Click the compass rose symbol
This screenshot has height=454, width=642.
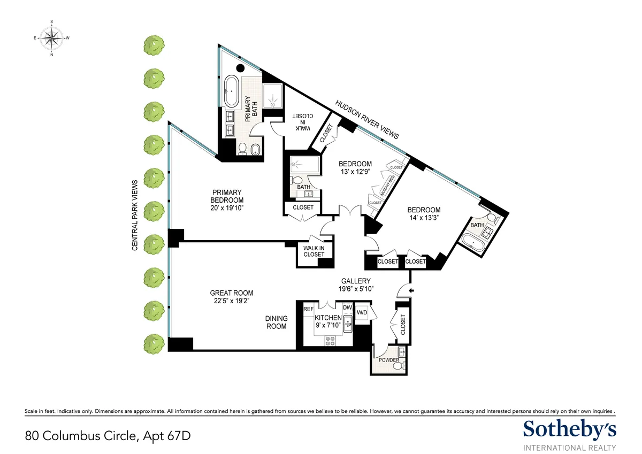click(52, 38)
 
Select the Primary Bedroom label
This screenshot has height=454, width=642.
click(227, 196)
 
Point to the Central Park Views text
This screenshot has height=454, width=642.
click(135, 216)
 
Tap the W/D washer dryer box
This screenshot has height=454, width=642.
click(362, 313)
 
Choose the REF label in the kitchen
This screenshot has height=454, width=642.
click(308, 309)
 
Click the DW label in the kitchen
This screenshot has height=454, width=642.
click(347, 308)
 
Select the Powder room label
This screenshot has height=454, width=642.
click(388, 360)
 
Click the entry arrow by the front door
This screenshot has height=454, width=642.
click(411, 290)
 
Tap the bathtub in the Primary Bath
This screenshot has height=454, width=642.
click(232, 91)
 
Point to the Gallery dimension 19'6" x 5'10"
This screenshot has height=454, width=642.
click(356, 288)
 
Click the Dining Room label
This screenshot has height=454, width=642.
click(276, 322)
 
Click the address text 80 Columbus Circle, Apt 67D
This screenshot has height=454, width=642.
click(108, 436)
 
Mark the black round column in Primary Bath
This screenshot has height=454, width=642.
click(241, 68)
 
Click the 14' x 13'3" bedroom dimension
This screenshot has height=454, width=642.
click(423, 218)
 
